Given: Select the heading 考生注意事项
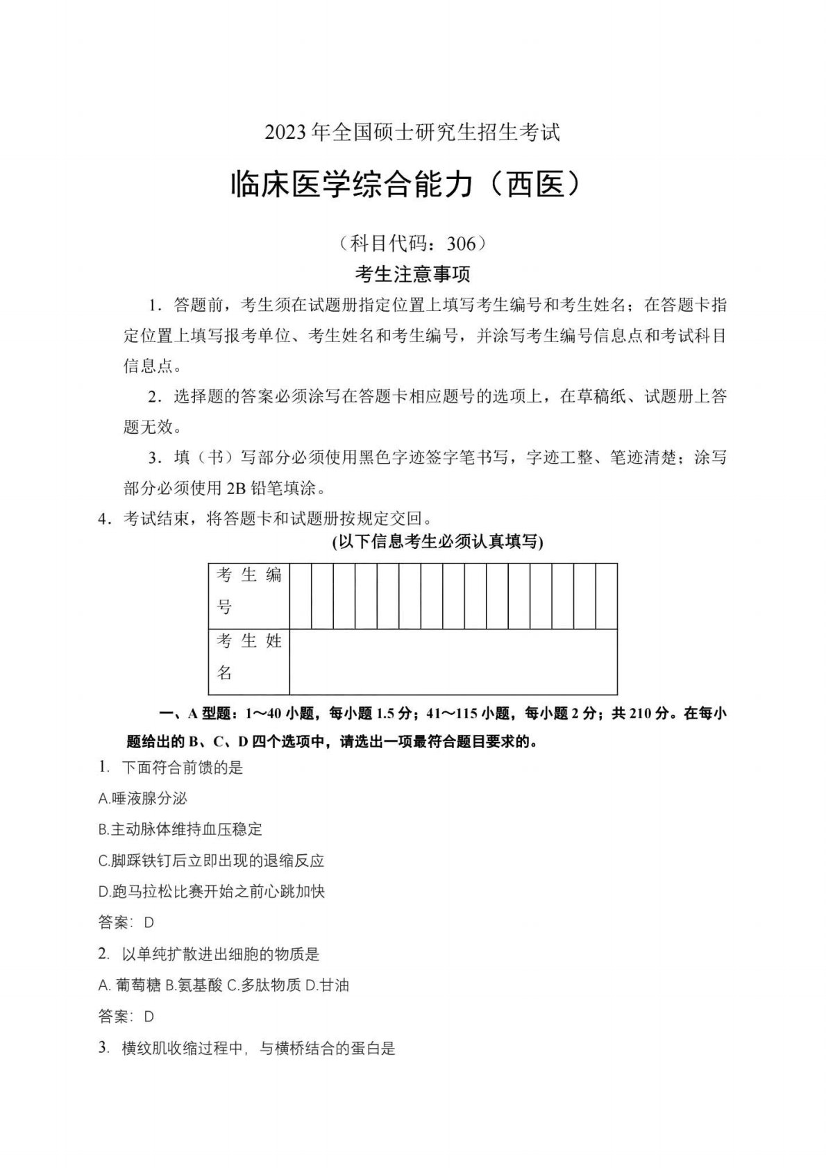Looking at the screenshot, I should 412,275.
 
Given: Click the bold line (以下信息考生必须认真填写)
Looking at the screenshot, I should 438,542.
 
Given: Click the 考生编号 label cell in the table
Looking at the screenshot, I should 248,591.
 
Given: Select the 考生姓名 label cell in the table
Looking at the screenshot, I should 248,657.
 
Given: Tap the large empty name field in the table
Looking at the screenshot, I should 453,661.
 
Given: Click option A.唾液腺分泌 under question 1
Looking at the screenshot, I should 143,798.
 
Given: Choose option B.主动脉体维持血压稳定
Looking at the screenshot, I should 180,829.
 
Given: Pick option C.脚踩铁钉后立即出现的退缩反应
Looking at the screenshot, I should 212,861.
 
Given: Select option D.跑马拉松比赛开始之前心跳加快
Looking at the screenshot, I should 212,890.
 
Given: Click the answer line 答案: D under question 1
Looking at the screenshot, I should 126,922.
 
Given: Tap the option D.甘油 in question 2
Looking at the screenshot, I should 328,985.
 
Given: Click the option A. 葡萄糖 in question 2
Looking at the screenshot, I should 130,985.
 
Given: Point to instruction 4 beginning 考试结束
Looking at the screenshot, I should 278,518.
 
